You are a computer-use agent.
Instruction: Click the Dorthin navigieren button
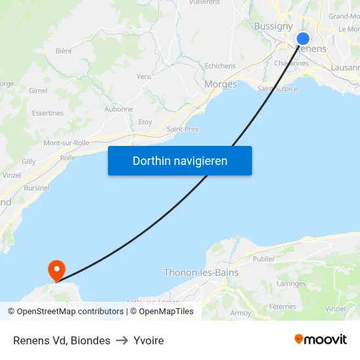click(179, 161)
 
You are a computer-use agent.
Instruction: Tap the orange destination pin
click(57, 269)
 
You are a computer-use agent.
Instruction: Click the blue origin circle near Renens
click(302, 39)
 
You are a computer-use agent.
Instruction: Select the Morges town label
click(221, 84)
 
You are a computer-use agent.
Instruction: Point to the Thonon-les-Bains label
click(201, 272)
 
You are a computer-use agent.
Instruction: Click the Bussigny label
click(273, 26)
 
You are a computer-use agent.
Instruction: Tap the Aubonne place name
click(118, 109)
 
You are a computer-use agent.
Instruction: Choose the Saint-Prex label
click(183, 129)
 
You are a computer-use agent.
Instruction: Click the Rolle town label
click(67, 158)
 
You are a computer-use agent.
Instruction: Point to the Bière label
click(63, 50)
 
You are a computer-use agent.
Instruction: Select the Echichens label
click(220, 66)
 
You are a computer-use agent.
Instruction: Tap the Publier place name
click(264, 259)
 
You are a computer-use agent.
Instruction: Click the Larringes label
click(291, 284)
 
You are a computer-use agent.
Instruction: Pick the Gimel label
click(39, 90)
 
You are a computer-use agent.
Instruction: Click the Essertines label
click(48, 113)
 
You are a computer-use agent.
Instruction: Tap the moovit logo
click(321, 340)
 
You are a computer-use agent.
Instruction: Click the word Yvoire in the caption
click(149, 340)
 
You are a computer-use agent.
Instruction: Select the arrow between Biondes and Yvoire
click(122, 340)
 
